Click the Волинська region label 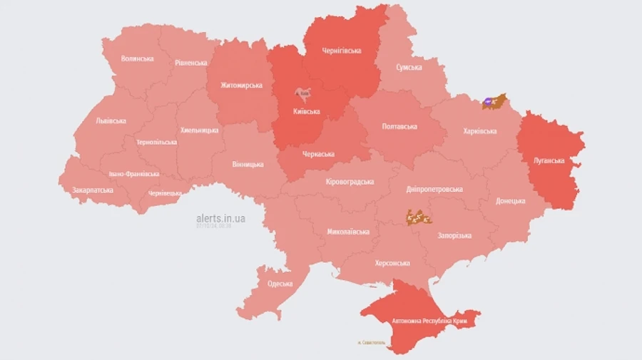tap(138, 58)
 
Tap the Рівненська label tap(191, 63)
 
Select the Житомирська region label tap(235, 86)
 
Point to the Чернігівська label tap(342, 51)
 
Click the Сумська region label tap(409, 68)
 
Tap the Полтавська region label tap(400, 126)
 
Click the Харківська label tap(479, 131)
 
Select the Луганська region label tap(549, 161)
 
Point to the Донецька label tap(511, 201)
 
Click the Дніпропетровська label tap(434, 190)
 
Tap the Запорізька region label tap(454, 235)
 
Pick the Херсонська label tap(392, 263)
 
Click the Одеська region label tap(280, 284)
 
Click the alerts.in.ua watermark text tap(220, 218)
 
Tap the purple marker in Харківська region tap(489, 103)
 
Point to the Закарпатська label tap(93, 190)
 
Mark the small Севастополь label tap(371, 343)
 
